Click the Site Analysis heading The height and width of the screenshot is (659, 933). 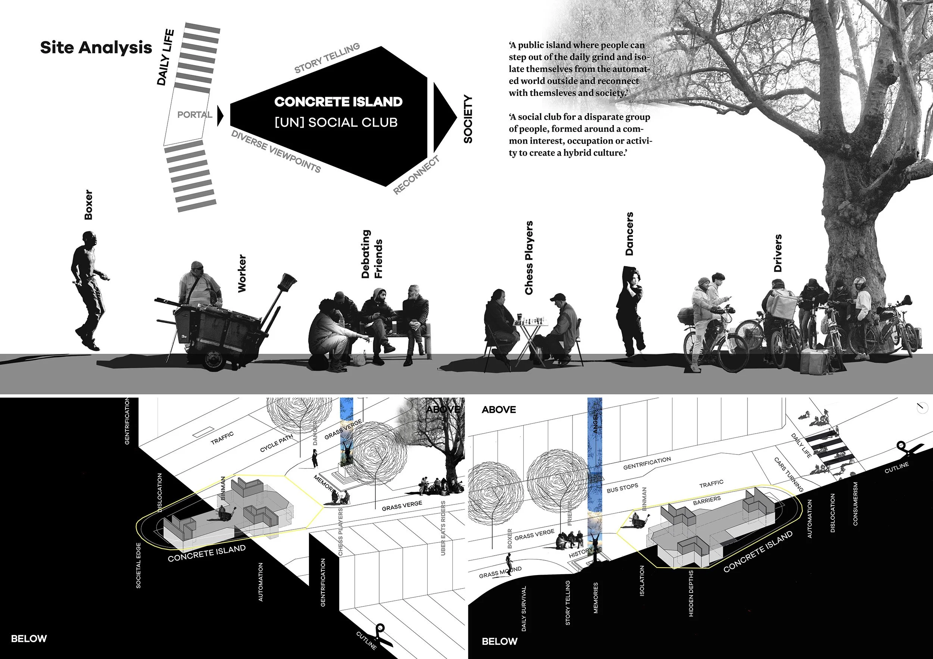click(96, 47)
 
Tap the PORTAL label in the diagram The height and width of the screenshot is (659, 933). click(195, 115)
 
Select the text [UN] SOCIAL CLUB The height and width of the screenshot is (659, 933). click(336, 122)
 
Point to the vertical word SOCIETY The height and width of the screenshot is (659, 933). click(468, 119)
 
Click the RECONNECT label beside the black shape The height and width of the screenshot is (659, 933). click(417, 175)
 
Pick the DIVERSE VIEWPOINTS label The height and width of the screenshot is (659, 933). click(276, 152)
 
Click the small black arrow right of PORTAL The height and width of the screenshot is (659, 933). click(220, 116)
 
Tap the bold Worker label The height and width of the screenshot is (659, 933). click(242, 273)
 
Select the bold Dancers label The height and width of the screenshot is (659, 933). click(629, 234)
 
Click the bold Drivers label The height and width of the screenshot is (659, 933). click(778, 253)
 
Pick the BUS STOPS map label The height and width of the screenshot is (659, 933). click(622, 488)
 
